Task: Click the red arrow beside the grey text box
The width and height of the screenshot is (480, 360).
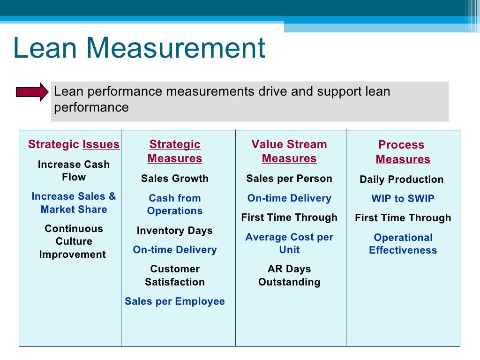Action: click(32, 92)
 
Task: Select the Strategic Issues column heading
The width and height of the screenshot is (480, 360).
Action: click(74, 144)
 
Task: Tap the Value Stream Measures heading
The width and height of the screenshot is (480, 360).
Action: click(289, 151)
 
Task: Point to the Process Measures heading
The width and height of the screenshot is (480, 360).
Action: click(402, 152)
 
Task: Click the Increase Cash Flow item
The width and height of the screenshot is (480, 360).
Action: click(74, 171)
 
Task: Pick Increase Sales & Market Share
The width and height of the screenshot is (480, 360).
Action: click(74, 203)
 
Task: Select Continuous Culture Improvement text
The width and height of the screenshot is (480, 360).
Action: click(73, 241)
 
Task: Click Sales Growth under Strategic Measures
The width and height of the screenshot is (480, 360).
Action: click(174, 179)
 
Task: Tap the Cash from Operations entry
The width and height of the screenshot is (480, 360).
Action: click(175, 204)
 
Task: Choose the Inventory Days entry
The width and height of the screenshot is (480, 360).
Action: click(174, 231)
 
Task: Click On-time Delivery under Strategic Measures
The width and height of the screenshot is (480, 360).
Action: click(175, 250)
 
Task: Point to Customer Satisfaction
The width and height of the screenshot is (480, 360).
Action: click(175, 275)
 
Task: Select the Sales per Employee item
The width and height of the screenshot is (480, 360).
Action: click(175, 301)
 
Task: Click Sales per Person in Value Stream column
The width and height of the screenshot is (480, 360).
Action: click(289, 179)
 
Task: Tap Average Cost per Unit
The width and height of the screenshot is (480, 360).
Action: click(289, 243)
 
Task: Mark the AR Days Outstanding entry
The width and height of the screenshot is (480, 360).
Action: click(289, 275)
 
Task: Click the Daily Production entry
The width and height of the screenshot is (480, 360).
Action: click(401, 180)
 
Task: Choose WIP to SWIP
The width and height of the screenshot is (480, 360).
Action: click(403, 199)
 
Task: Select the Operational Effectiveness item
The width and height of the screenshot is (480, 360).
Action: click(403, 244)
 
